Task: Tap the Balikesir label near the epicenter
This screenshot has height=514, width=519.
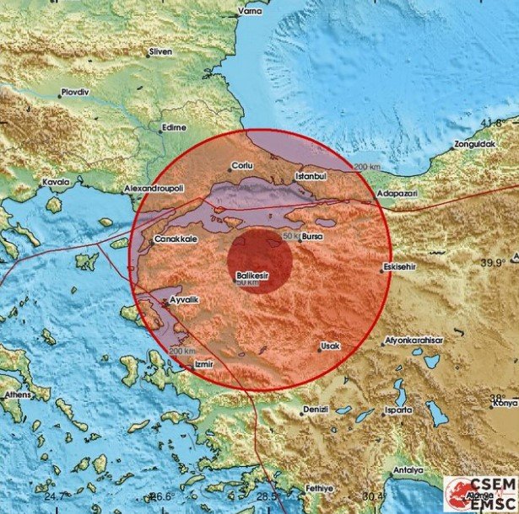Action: (253, 274)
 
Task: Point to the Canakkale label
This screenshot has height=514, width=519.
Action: (176, 240)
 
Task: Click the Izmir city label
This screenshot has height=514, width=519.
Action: (205, 364)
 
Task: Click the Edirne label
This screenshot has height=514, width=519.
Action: (173, 129)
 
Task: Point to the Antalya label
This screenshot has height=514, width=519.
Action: (408, 471)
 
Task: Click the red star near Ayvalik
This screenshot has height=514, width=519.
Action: (164, 302)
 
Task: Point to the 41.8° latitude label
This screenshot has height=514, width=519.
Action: (494, 123)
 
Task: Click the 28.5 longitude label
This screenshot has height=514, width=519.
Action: (267, 496)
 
